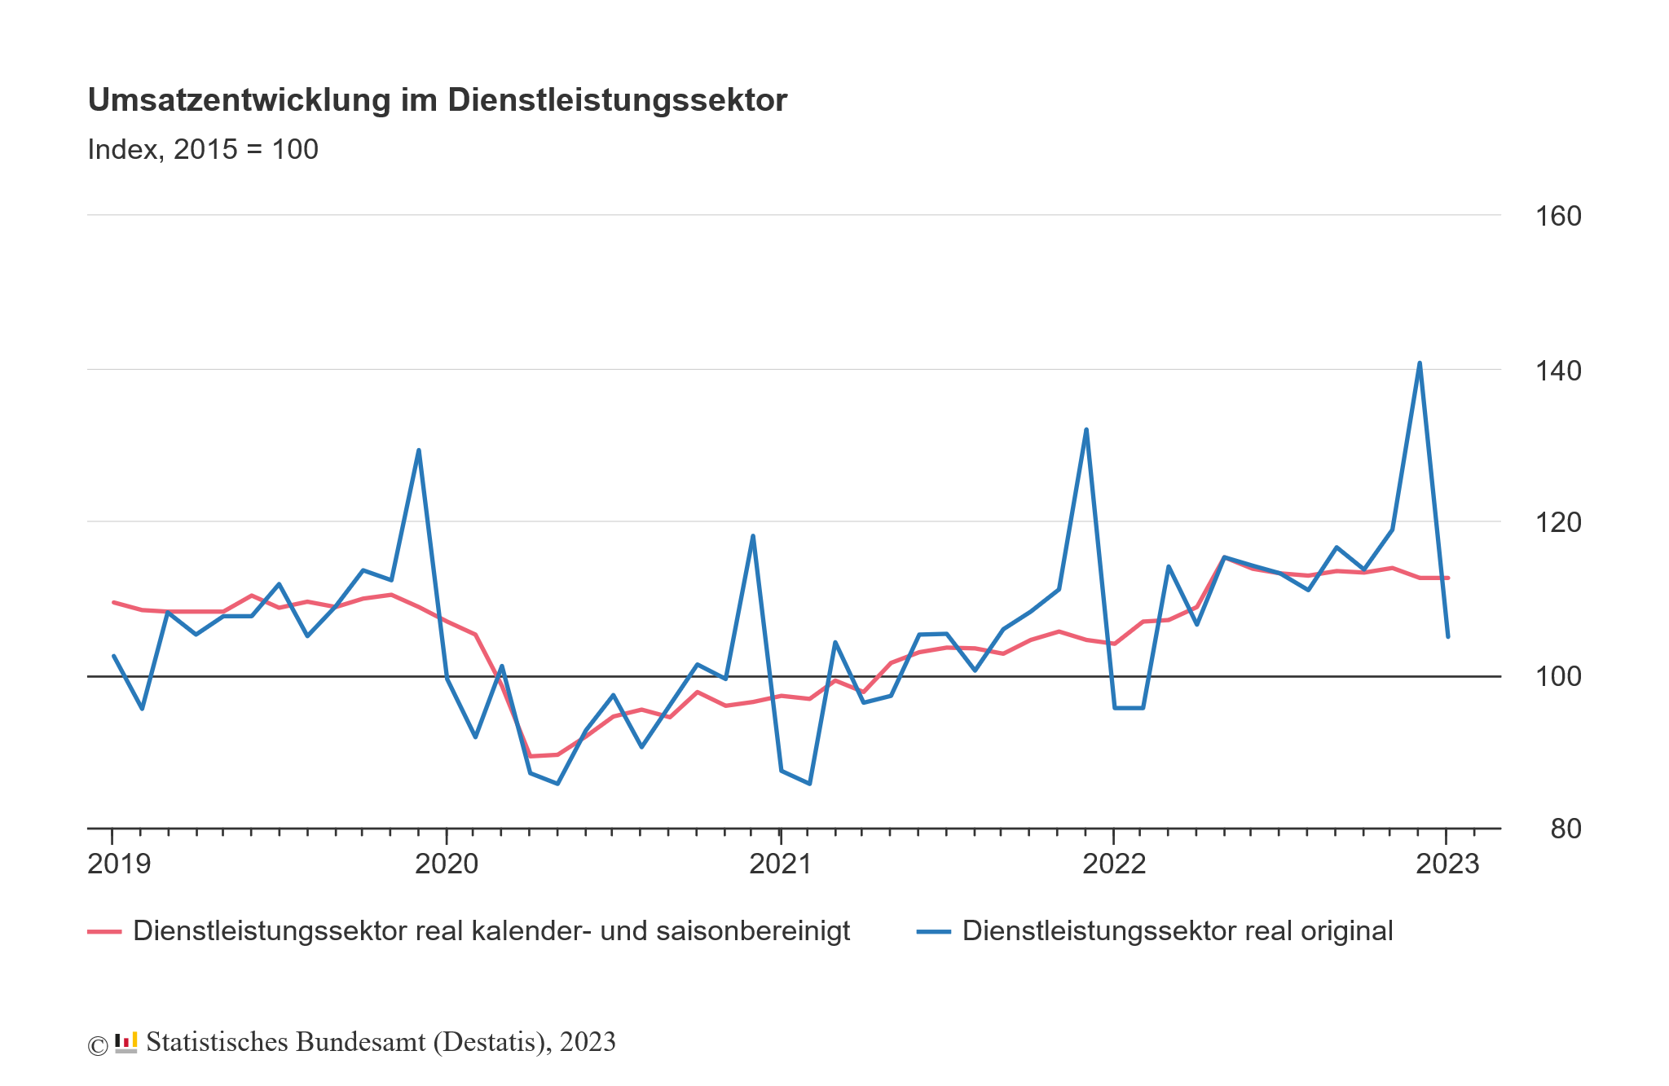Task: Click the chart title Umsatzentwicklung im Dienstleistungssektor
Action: (437, 100)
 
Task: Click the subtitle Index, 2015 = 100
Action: (203, 150)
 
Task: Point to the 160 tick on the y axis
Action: (1557, 217)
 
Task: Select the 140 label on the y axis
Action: (1557, 371)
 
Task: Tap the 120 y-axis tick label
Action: (1557, 523)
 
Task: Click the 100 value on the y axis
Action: (1557, 677)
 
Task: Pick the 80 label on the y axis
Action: (1566, 829)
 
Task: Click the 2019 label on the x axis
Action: (119, 864)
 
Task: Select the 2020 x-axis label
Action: (447, 864)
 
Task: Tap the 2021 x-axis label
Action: (780, 864)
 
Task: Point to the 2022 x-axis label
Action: (1114, 864)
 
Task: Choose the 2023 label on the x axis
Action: (1447, 864)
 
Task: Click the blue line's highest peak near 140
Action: (1420, 363)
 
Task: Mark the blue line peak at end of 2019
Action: (418, 450)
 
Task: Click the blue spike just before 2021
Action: (752, 536)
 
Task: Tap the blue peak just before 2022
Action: (1086, 429)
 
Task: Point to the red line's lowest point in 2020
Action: (531, 756)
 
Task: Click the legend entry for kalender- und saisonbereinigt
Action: (491, 931)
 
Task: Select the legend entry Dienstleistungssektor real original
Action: (1177, 931)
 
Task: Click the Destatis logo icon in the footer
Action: (126, 1042)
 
